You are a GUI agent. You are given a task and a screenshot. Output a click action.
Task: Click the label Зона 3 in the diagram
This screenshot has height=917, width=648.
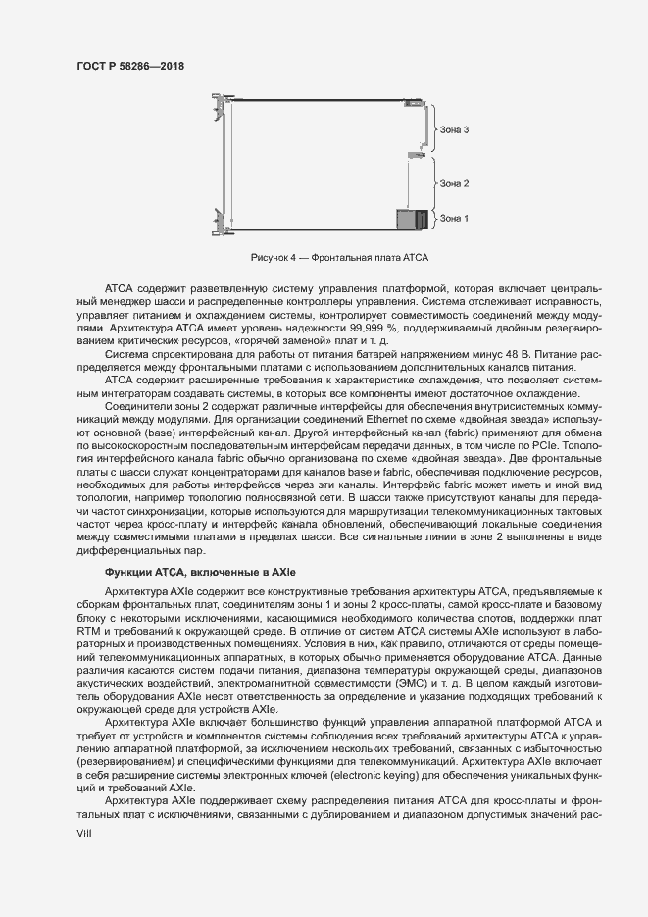(454, 129)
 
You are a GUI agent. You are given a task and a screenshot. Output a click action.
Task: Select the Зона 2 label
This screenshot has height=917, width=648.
(454, 183)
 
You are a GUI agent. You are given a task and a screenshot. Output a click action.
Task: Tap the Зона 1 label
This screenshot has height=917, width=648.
(454, 218)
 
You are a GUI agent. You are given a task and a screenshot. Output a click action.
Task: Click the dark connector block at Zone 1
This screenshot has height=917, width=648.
(412, 220)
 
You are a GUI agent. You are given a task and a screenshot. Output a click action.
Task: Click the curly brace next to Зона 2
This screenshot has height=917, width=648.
(434, 182)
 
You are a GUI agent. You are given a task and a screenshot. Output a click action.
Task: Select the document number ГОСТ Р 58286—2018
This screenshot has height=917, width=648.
(130, 66)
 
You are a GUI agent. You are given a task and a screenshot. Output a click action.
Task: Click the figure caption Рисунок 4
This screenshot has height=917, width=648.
(340, 257)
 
